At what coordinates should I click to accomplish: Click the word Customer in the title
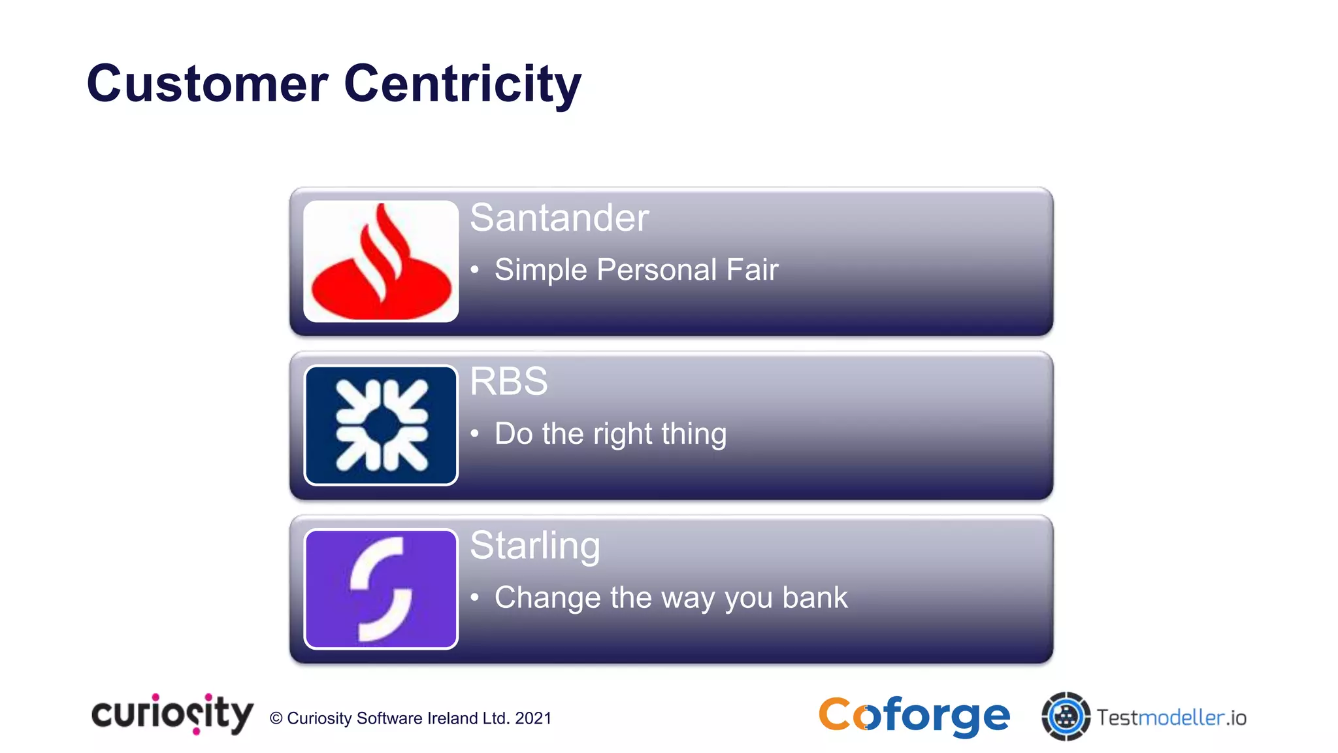coord(207,84)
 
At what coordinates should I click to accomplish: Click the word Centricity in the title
coord(462,84)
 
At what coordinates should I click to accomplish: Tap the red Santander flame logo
coord(381,261)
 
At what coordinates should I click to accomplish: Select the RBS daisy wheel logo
coord(381,425)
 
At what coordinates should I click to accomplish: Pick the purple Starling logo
coord(381,589)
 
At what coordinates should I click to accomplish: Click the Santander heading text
coord(559,218)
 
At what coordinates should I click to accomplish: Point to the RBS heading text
coord(508,381)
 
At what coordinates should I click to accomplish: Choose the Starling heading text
coord(534,545)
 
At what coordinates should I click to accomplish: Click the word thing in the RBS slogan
coord(694,434)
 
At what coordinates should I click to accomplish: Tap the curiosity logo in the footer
coord(172,714)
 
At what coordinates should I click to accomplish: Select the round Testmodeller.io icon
coord(1066,716)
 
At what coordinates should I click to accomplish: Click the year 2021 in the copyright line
coord(533,718)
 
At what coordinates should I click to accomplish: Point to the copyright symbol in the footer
coord(276,718)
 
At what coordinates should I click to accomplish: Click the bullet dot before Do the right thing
coord(475,433)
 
